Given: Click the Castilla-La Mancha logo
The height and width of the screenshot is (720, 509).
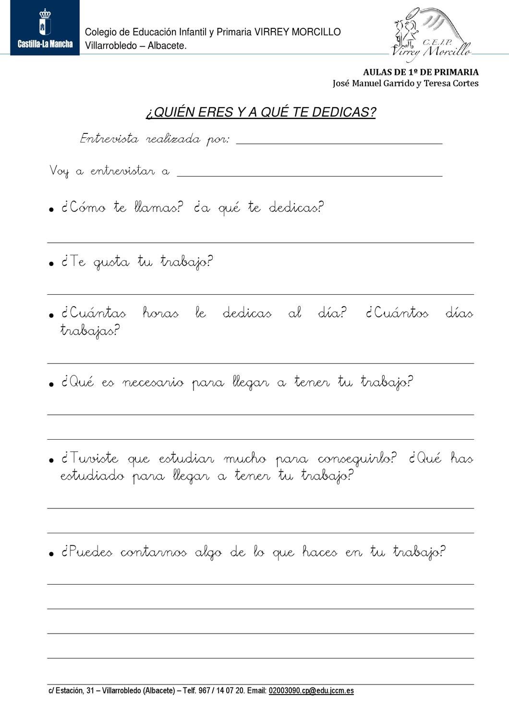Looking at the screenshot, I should (x=45, y=28).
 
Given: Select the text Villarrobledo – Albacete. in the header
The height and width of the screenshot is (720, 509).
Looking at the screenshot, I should (x=135, y=46).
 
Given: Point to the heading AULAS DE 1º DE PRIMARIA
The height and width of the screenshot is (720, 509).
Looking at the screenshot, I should (x=420, y=72).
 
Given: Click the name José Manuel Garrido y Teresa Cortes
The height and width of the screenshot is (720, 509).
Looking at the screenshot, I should (x=405, y=84).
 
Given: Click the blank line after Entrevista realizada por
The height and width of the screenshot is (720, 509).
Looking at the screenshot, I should (x=339, y=143).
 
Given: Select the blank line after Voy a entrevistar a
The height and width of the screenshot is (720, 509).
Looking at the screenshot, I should (x=309, y=175).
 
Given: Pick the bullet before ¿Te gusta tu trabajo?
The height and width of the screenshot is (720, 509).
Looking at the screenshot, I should (x=51, y=264).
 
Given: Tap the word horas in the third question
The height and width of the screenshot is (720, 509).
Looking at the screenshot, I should (x=160, y=314).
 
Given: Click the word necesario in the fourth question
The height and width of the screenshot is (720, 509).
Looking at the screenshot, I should (x=153, y=383).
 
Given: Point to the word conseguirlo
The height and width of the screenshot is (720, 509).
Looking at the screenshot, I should (x=357, y=459).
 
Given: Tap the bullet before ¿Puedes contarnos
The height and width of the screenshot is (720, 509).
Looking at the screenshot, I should (x=51, y=554).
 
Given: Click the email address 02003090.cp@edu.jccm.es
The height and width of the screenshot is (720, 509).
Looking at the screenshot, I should (x=311, y=691).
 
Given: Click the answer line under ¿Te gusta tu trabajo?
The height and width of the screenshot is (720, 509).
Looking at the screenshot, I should (x=260, y=294).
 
